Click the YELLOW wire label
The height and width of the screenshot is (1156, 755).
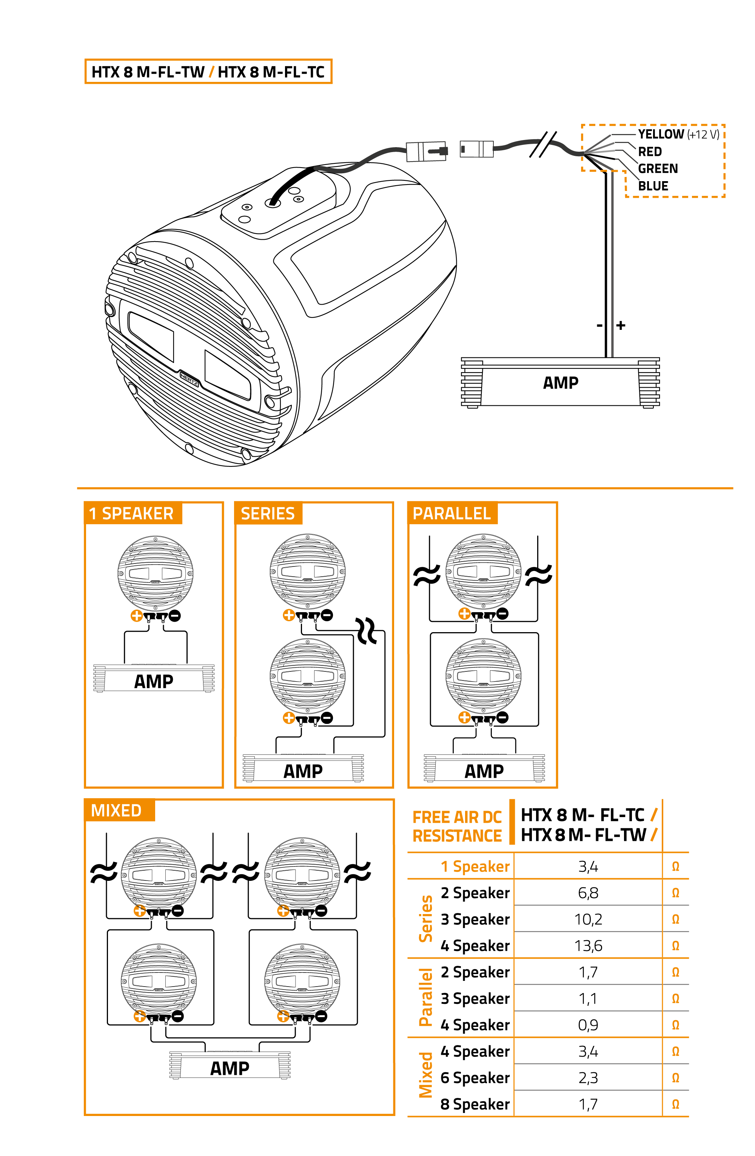(661, 134)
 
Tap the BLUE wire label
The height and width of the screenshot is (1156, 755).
(653, 186)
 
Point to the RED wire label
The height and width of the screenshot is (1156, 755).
(650, 152)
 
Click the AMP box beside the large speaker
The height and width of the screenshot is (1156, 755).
(560, 383)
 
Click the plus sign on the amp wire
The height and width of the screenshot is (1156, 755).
(621, 325)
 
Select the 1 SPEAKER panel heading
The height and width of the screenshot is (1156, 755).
(131, 513)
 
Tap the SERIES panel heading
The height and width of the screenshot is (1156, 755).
(268, 513)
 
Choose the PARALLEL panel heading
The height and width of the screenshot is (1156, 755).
(451, 513)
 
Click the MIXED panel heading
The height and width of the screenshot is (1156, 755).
(116, 811)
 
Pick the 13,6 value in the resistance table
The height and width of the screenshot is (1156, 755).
(588, 946)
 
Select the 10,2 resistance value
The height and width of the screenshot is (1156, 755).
(588, 919)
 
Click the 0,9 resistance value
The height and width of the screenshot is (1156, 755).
(588, 1025)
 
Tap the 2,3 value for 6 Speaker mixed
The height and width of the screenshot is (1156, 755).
(588, 1078)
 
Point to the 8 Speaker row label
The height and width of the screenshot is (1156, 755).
(475, 1104)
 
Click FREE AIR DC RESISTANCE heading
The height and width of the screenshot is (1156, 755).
(457, 826)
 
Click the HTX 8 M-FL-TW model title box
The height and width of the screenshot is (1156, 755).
(208, 71)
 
